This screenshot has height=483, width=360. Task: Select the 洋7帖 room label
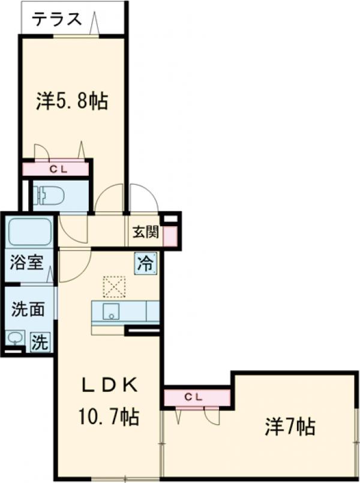click(290, 427)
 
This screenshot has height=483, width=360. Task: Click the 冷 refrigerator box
click(146, 263)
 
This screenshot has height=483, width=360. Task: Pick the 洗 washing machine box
click(40, 342)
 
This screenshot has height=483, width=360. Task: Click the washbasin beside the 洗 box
click(15, 339)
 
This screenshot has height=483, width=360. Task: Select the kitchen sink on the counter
click(110, 312)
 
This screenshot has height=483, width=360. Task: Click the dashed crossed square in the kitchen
click(113, 287)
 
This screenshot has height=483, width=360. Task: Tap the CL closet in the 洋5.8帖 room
click(58, 169)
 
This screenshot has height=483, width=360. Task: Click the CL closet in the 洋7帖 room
click(196, 397)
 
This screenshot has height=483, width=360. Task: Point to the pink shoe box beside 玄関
click(170, 235)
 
